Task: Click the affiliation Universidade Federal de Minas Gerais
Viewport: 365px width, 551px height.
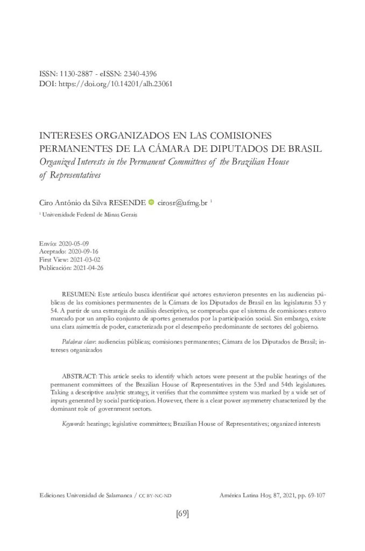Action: point(91,215)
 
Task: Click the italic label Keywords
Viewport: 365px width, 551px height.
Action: point(73,424)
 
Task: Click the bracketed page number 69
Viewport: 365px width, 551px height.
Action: point(182,513)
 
